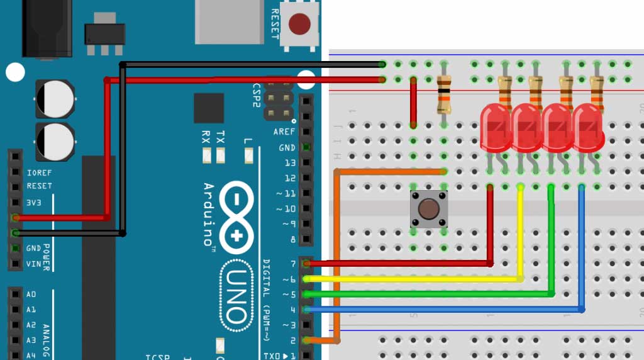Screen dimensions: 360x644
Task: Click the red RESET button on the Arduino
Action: (x=299, y=25)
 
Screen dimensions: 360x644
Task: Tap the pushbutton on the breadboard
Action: (x=428, y=209)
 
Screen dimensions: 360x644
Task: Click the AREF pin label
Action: (x=284, y=132)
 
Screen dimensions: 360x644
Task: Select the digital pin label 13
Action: (x=289, y=163)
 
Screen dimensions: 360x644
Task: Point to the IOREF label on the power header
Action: (x=39, y=172)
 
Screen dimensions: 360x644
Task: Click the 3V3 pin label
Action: (x=35, y=202)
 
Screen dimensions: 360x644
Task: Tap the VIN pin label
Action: (x=34, y=264)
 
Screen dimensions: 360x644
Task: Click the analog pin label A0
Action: (x=31, y=295)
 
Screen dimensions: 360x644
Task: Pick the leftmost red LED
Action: (x=496, y=128)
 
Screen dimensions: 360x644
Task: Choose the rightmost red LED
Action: (x=587, y=128)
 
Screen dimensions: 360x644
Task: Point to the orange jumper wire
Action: (x=338, y=252)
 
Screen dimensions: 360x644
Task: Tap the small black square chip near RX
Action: (x=209, y=108)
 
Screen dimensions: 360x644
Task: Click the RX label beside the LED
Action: (x=206, y=136)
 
